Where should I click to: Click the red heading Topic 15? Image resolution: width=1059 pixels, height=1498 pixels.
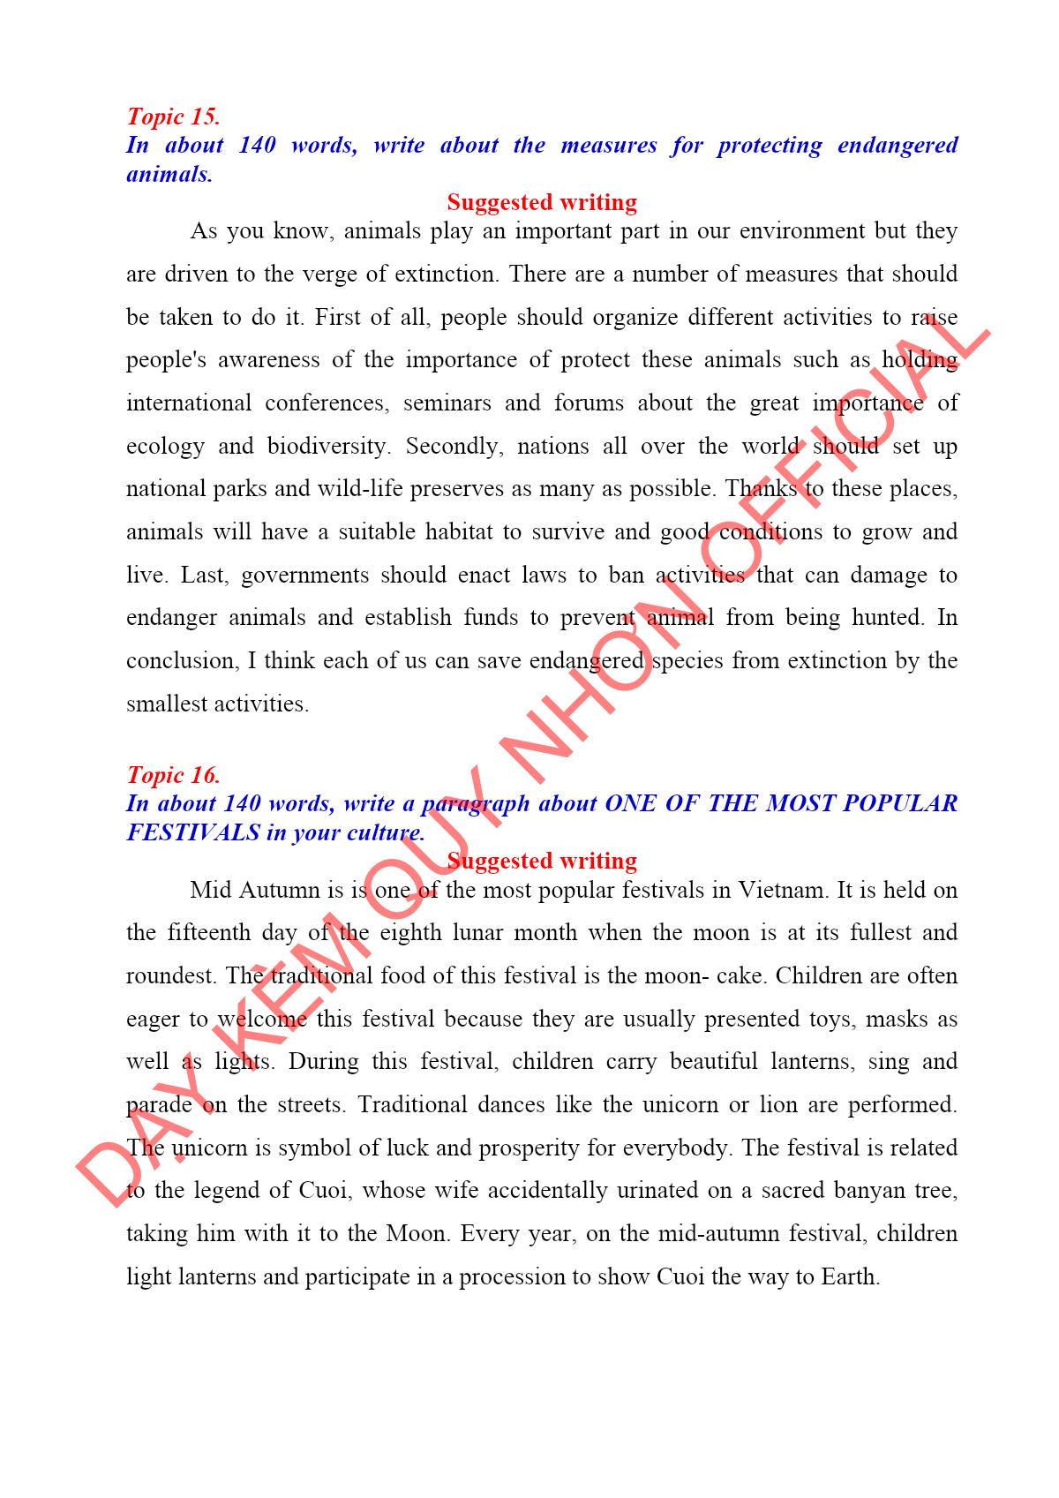pyautogui.click(x=173, y=117)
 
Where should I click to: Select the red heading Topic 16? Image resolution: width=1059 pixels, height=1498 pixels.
pyautogui.click(x=173, y=775)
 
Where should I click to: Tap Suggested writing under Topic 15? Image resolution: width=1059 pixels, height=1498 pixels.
pyautogui.click(x=542, y=202)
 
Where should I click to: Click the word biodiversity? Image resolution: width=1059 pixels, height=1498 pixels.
pyautogui.click(x=328, y=447)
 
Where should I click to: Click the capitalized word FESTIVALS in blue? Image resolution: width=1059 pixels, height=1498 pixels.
pyautogui.click(x=193, y=832)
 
